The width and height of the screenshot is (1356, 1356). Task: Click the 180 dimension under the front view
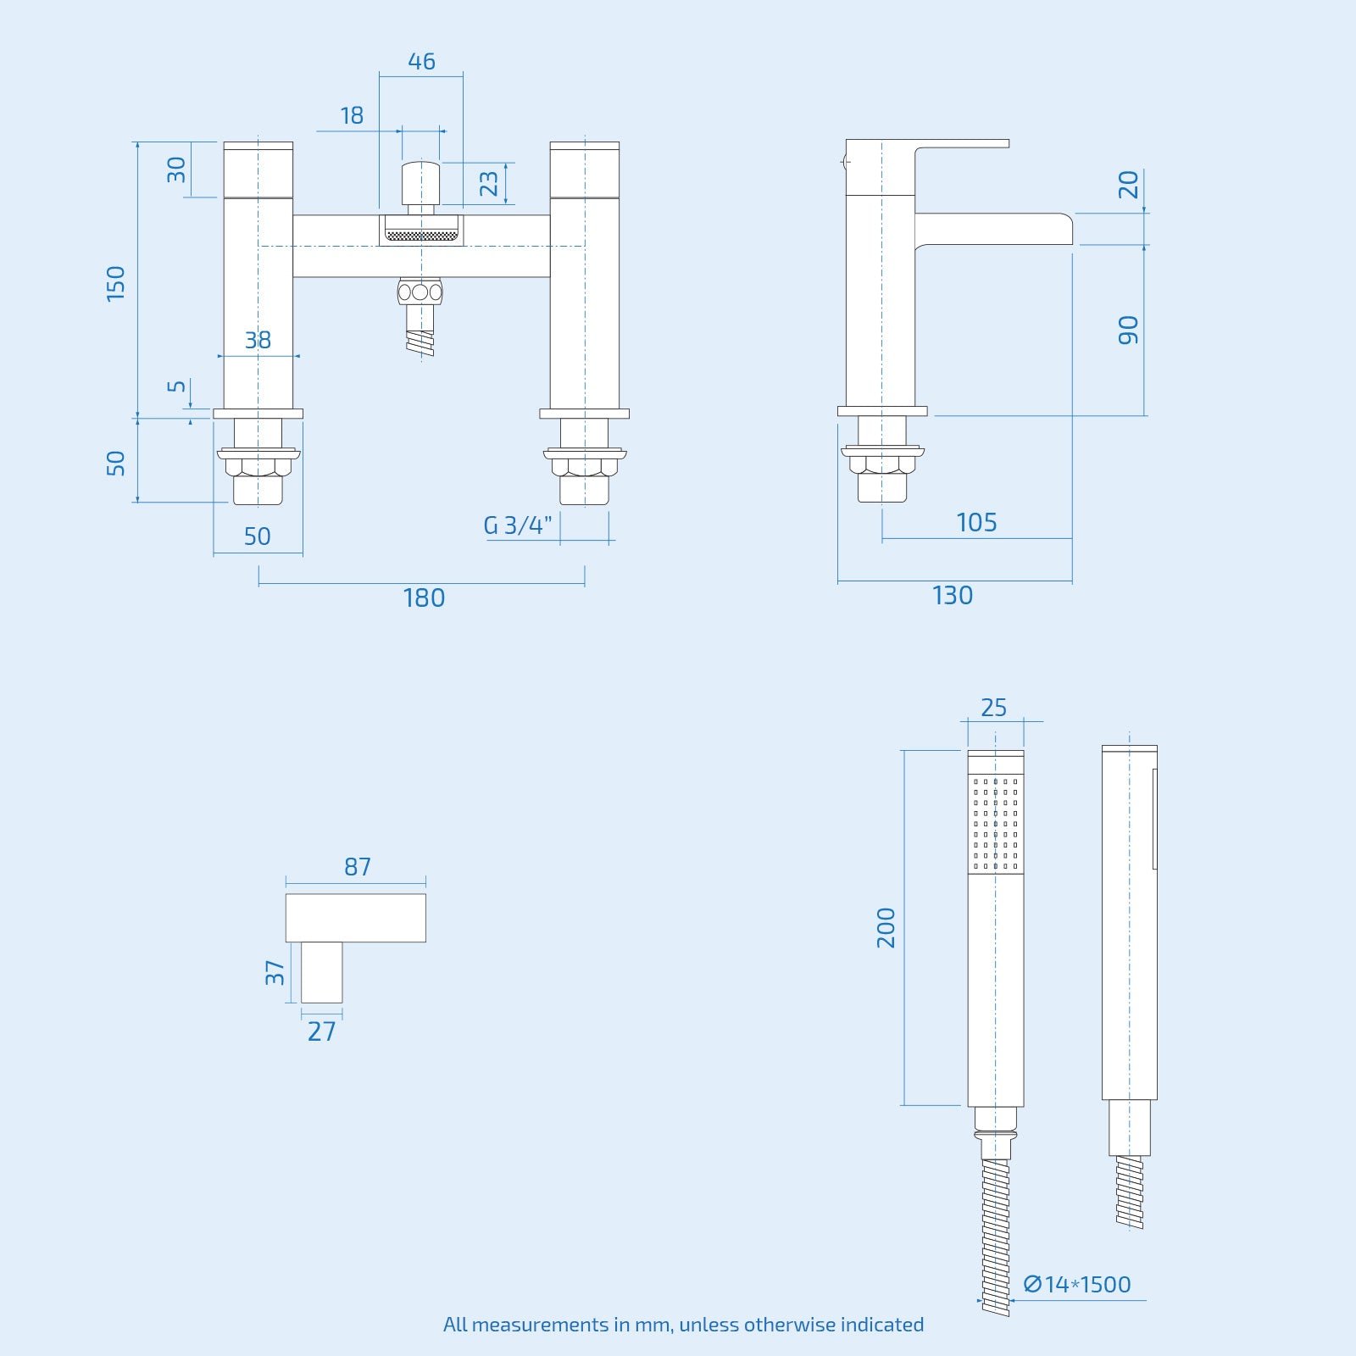(424, 598)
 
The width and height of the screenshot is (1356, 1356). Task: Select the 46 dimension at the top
(421, 62)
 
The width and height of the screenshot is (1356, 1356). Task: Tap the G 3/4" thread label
(517, 525)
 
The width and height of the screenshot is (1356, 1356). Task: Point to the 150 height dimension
(116, 283)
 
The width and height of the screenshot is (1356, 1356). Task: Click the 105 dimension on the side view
(976, 523)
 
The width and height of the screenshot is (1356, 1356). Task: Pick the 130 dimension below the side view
(953, 596)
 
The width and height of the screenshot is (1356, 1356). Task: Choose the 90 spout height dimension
(1128, 330)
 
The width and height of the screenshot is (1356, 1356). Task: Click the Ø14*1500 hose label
(1077, 1284)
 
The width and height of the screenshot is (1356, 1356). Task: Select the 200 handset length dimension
(886, 927)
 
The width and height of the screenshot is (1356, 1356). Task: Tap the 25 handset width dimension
(993, 708)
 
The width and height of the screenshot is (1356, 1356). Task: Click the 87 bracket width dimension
(358, 867)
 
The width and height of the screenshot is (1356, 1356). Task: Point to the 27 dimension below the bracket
(322, 1031)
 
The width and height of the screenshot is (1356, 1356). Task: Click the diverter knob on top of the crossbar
(420, 181)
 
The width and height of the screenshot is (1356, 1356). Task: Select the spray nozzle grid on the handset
(996, 823)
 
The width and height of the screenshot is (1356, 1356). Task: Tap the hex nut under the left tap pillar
(258, 467)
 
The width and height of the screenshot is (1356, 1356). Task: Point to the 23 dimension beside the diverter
(489, 184)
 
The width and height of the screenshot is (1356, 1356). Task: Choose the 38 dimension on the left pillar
(258, 341)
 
